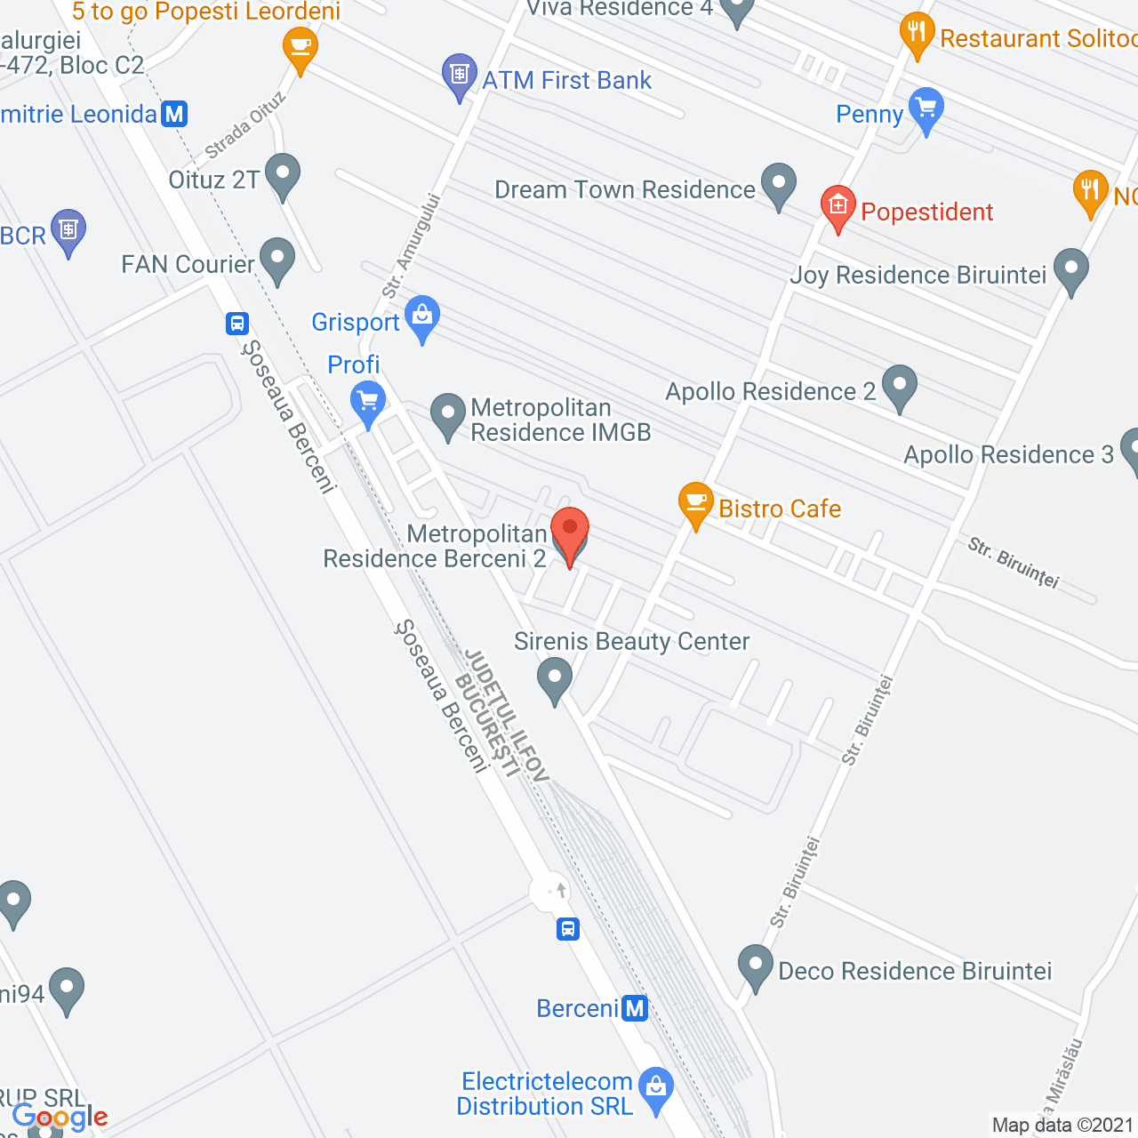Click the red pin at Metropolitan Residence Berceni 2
point(570,532)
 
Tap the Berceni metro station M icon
point(635,1008)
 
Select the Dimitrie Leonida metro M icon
point(175,114)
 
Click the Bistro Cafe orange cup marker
point(695,503)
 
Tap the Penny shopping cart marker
point(926,109)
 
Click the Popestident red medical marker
point(837,206)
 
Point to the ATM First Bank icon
point(459,75)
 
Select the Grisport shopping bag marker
point(422,317)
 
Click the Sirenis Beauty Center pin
point(555,678)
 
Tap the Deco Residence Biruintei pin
point(756,966)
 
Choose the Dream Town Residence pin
point(779,184)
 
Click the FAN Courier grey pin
point(277,259)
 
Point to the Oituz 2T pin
point(283,174)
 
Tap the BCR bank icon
point(68,231)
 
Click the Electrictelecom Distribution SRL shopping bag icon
point(656,1088)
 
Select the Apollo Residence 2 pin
point(900,386)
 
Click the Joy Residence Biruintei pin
point(1070,269)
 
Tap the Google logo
point(60,1117)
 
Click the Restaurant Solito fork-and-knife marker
point(917,33)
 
